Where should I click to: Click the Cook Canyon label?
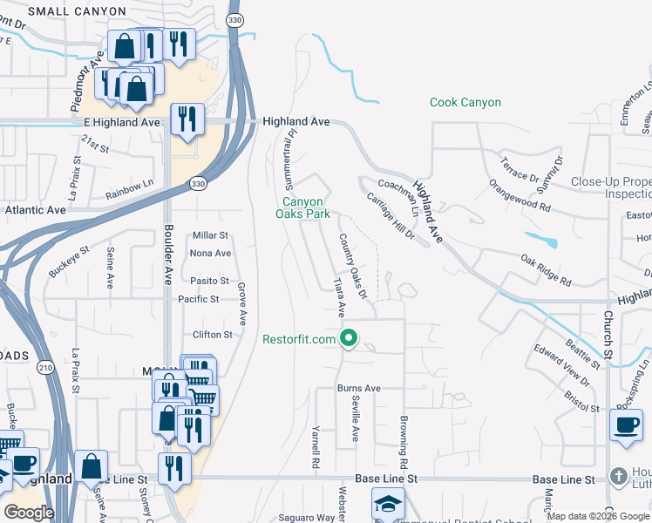(x=465, y=103)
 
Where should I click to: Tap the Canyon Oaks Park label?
(x=301, y=206)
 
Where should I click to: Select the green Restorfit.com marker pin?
(x=350, y=338)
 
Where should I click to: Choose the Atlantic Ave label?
(x=35, y=210)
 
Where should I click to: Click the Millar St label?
(x=210, y=235)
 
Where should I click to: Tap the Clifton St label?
(x=213, y=335)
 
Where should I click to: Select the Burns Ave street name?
(x=359, y=388)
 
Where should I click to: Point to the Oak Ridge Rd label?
(x=546, y=270)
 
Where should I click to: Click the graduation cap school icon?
(x=388, y=504)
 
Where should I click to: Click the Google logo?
(x=29, y=513)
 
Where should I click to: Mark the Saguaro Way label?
(x=312, y=518)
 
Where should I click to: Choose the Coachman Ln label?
(x=398, y=186)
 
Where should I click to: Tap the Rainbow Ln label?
(x=129, y=195)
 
